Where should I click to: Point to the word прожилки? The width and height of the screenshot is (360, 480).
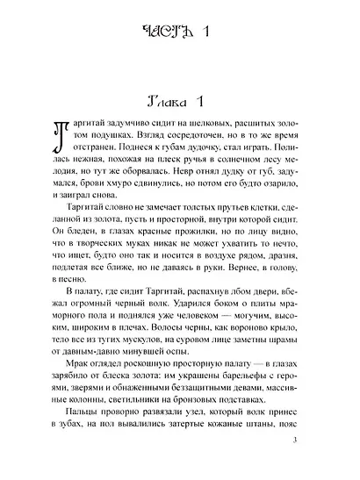(188, 246)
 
